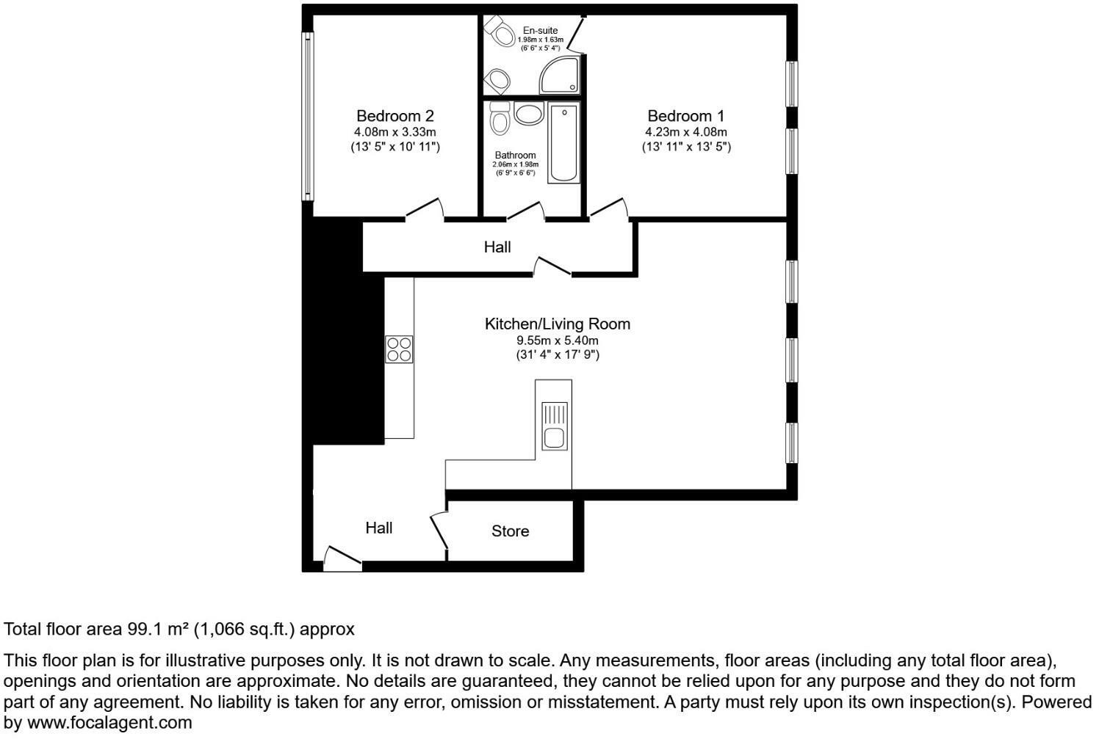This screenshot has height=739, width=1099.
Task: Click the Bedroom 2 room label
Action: coord(395,116)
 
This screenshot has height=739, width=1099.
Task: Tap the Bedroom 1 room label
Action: coord(686,116)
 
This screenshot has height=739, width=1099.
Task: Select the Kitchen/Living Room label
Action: coord(558,324)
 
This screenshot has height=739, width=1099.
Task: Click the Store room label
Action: coord(511,531)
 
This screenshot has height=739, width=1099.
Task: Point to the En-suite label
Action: coord(540,30)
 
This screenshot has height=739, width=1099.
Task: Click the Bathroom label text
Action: coord(515,156)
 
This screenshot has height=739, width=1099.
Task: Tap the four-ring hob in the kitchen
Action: coord(399,349)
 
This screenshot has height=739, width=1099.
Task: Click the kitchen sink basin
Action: coord(555,437)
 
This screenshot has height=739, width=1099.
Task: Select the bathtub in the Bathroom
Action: coord(564,142)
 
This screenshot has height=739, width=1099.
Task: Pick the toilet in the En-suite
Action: coord(499,30)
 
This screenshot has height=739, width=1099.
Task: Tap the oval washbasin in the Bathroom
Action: coord(529,114)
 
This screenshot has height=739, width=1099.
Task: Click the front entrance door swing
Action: coord(342,558)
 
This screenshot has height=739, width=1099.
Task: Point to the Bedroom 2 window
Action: coord(308,116)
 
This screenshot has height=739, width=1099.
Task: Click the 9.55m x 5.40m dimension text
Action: coord(558,341)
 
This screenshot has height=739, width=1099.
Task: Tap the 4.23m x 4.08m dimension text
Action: coord(686,132)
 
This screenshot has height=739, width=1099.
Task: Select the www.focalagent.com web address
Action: coord(109,723)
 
